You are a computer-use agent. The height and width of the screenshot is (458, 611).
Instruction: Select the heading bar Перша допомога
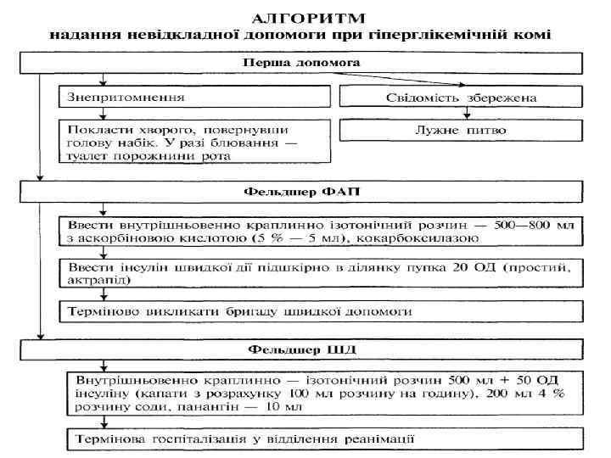(x=301, y=64)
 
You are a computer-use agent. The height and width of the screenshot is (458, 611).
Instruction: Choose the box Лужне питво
(x=461, y=131)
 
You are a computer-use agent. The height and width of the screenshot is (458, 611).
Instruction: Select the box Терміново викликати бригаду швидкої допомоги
(x=323, y=311)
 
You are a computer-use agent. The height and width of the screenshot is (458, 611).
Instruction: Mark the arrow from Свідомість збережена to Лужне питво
(x=465, y=113)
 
